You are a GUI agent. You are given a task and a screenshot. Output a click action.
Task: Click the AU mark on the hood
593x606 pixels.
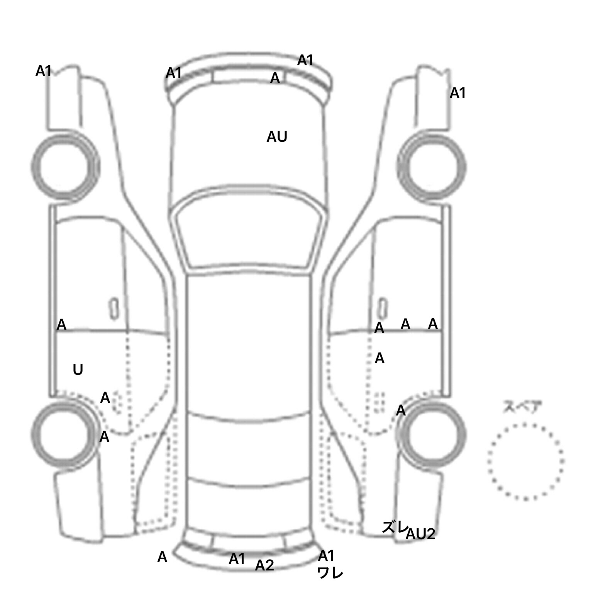(x=277, y=137)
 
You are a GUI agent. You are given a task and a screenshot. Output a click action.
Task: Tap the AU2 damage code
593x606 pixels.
(x=420, y=534)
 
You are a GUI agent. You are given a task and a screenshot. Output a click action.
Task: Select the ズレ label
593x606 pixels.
(x=394, y=527)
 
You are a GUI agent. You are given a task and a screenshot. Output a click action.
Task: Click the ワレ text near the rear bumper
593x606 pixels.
(x=330, y=573)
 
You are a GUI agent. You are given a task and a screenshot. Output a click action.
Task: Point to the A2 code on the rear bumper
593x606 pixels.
(x=264, y=565)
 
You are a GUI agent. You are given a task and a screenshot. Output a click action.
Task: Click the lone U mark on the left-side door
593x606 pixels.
(x=78, y=370)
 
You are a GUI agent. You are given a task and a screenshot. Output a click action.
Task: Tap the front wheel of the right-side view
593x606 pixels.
(x=432, y=167)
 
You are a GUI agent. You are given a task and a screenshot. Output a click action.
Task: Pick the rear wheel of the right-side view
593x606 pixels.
(x=432, y=435)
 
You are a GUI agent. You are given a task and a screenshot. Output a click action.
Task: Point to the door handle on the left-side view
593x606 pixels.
(x=114, y=309)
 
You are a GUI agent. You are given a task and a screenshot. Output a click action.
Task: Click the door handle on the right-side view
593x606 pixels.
(x=382, y=309)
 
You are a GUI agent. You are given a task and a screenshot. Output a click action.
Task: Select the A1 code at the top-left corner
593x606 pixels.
(x=43, y=71)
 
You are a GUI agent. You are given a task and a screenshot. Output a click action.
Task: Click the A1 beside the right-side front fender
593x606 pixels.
(x=458, y=93)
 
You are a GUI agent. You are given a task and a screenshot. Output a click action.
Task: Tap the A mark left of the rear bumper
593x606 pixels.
(x=162, y=557)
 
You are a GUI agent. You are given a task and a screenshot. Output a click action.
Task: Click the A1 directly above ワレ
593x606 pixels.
(x=326, y=556)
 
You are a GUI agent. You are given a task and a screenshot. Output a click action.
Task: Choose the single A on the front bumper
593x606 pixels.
(x=275, y=78)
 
